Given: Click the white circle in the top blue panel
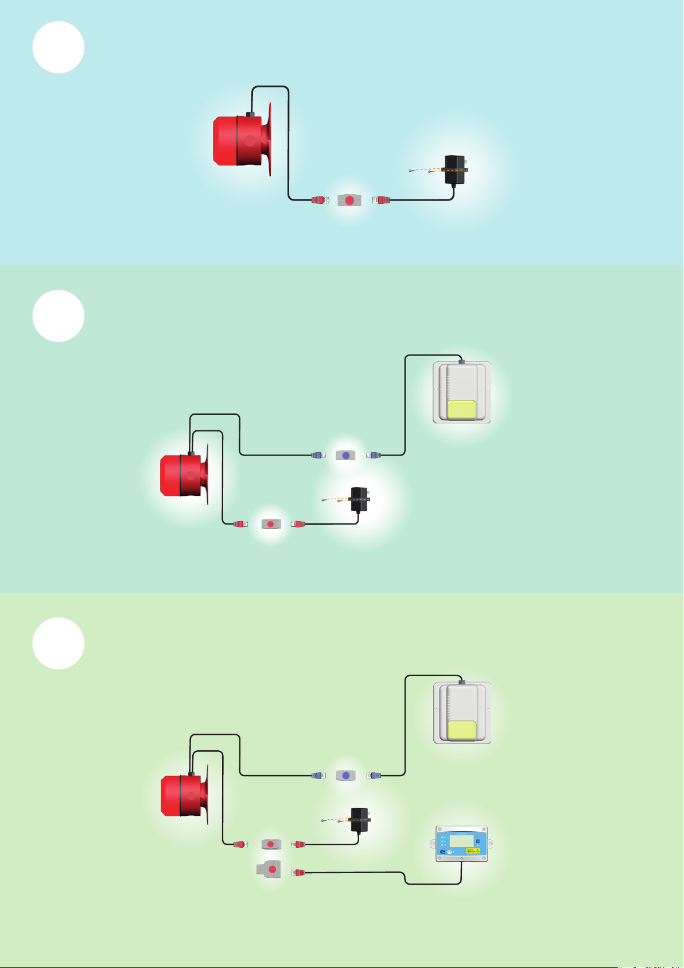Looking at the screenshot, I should click(59, 47).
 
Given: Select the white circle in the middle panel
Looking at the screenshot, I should click(59, 316).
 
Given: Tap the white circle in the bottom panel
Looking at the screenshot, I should click(59, 643).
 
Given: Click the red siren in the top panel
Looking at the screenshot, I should click(241, 141).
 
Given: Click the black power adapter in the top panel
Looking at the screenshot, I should click(456, 170).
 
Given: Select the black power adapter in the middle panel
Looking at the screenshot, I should click(359, 500).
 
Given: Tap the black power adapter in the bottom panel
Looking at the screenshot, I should click(359, 820).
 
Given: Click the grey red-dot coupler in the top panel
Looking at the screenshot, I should click(349, 200).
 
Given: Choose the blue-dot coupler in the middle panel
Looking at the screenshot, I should click(345, 455).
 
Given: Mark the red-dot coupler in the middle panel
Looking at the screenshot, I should click(271, 524).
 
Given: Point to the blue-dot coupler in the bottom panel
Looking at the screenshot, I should click(345, 776).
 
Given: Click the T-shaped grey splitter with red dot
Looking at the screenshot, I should click(270, 869).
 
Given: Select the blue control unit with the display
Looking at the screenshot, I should click(461, 844).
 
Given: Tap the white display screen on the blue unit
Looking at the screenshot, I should click(461, 840).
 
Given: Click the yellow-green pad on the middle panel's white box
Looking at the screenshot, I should click(461, 410).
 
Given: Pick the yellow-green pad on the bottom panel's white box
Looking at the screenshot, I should click(461, 730).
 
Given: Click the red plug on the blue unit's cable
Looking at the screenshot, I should click(298, 873).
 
